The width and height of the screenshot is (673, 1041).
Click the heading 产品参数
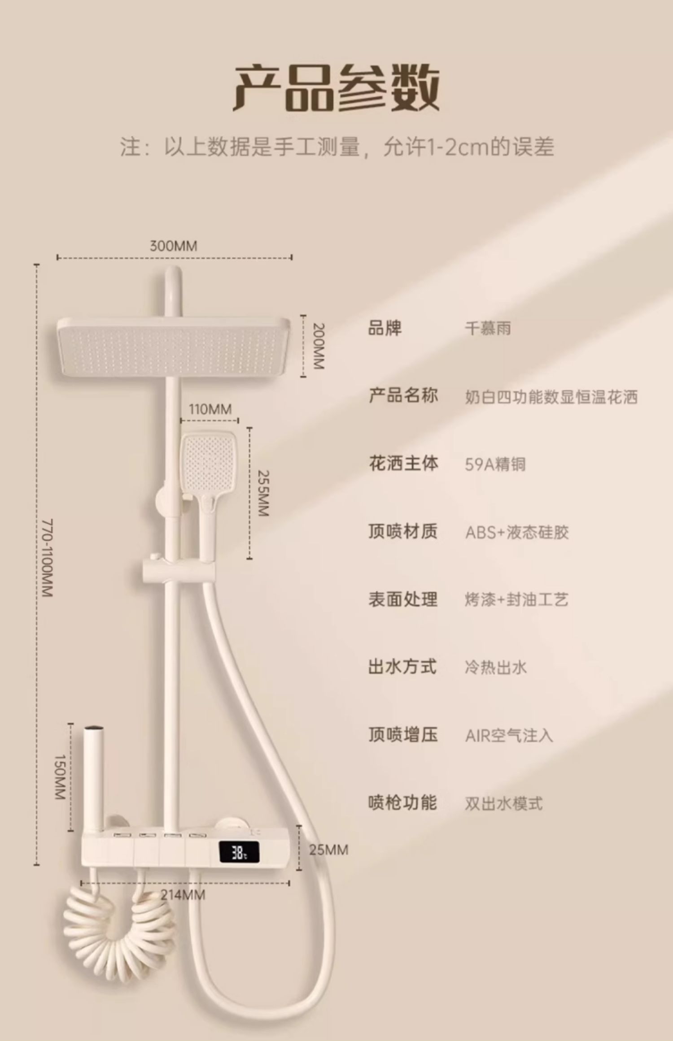click(x=336, y=87)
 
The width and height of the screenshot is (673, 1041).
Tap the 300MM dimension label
click(x=173, y=246)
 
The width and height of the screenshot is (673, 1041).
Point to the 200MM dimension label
click(x=318, y=346)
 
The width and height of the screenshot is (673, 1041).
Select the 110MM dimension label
click(x=210, y=409)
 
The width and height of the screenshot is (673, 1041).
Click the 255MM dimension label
click(x=263, y=493)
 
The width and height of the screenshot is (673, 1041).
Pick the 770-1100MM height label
click(x=47, y=558)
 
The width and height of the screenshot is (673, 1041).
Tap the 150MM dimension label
click(x=60, y=777)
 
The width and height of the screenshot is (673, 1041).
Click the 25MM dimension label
click(x=328, y=850)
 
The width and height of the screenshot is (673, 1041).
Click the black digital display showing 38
click(x=239, y=852)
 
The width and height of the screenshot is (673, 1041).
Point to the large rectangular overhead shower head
click(x=173, y=347)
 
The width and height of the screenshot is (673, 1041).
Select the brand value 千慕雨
click(x=488, y=329)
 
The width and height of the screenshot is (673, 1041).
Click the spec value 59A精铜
click(x=495, y=464)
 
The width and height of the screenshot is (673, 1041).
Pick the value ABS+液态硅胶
click(x=517, y=533)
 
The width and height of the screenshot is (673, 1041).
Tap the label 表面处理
click(x=403, y=599)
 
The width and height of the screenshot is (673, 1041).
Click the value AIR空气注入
click(x=509, y=736)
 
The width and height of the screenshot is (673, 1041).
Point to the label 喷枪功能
click(x=403, y=803)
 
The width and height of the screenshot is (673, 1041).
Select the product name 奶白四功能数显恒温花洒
click(x=551, y=397)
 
